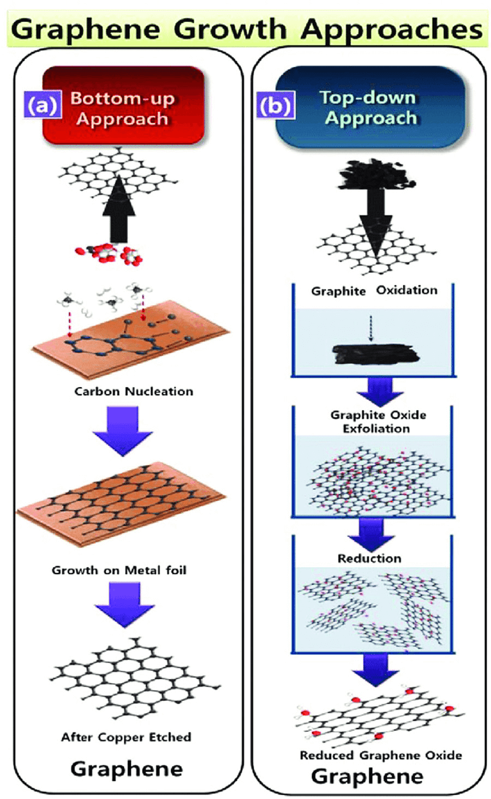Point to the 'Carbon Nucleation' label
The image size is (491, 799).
[x=134, y=391]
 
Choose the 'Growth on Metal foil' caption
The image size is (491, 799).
[x=119, y=570]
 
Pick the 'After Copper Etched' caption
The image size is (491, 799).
[x=126, y=737]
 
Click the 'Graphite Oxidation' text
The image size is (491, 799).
[x=374, y=291]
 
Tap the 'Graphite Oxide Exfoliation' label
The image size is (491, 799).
[x=378, y=422]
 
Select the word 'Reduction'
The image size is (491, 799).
[x=369, y=558]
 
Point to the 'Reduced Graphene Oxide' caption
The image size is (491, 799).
[x=381, y=755]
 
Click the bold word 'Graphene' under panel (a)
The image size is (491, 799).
[x=127, y=769]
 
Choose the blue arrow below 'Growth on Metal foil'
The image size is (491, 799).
[x=124, y=604]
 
